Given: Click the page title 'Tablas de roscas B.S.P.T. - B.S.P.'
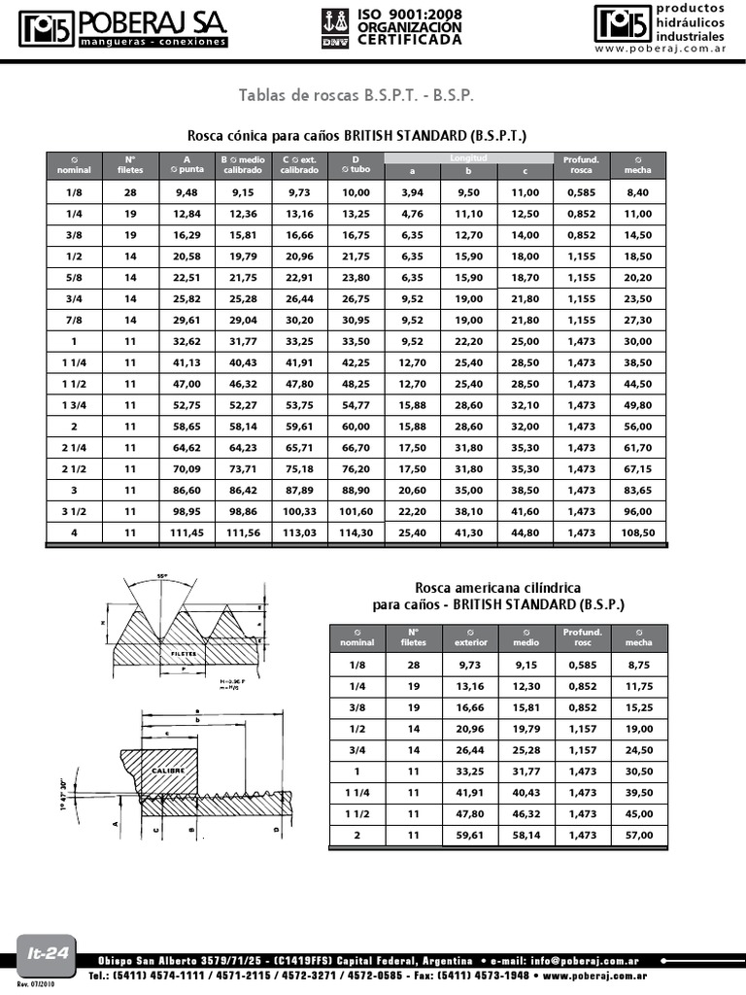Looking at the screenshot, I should [x=356, y=95].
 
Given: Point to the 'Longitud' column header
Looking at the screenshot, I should [x=468, y=157].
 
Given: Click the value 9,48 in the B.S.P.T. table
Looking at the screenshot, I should [x=186, y=192].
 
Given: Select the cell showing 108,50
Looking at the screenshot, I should [x=638, y=532].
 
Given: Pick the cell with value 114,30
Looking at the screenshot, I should [x=356, y=532].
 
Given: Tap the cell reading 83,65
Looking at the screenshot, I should [x=638, y=490].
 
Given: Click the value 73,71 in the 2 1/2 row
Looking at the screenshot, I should [x=243, y=468].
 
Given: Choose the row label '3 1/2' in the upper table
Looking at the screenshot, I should [x=74, y=511].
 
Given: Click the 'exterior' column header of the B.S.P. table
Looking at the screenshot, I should [x=471, y=642].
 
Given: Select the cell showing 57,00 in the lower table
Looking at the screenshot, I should [x=639, y=835].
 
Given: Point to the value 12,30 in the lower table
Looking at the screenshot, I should [x=528, y=685].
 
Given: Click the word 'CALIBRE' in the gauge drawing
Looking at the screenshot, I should [x=168, y=769].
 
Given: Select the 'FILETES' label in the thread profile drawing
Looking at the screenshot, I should [x=184, y=654].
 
